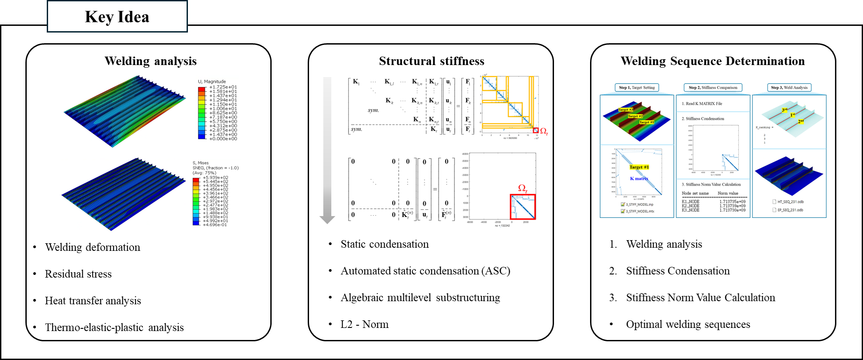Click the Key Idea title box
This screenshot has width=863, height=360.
point(117,17)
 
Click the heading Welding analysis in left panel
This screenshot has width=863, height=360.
point(151,61)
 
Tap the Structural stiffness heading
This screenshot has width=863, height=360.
point(431,61)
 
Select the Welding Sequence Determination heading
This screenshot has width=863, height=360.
point(712,61)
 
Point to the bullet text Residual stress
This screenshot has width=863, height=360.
point(78,274)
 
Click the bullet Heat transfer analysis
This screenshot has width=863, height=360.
point(93,301)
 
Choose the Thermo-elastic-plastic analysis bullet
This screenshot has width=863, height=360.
point(114,327)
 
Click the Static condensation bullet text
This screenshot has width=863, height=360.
point(385,244)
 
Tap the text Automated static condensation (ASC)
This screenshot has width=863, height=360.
point(425,271)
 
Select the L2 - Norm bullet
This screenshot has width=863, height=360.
point(364,324)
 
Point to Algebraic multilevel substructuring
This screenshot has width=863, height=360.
point(420,298)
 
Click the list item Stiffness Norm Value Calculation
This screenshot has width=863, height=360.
point(700,298)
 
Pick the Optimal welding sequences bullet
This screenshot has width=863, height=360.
point(688,324)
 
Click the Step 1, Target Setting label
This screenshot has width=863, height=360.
point(637,88)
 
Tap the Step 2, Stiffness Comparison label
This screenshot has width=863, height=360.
point(713,88)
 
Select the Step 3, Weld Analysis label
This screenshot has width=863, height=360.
point(789,88)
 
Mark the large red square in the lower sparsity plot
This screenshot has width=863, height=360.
point(523,207)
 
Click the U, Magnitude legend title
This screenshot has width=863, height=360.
point(212,82)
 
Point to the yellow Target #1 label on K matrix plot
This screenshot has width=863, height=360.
point(639,167)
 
